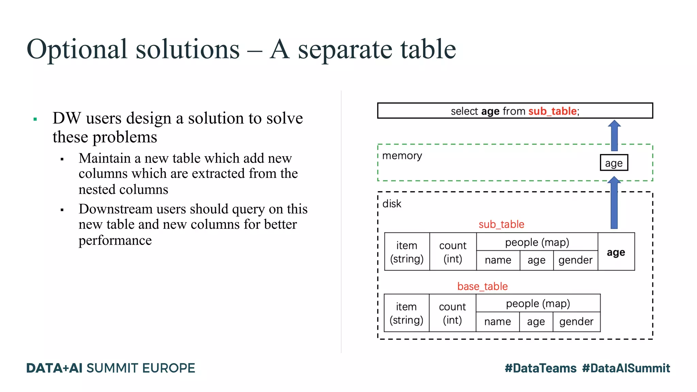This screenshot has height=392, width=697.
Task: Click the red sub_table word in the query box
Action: click(x=552, y=111)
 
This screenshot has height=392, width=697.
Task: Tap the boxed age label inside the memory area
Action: click(x=614, y=163)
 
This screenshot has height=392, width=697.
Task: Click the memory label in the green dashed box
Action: click(x=402, y=156)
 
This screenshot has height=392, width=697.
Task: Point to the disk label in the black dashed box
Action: click(x=392, y=204)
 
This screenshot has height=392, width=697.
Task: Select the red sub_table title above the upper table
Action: click(x=501, y=224)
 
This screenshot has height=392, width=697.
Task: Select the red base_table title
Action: click(x=482, y=286)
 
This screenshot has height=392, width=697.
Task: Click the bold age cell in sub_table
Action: click(x=616, y=252)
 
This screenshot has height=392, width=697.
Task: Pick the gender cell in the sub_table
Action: click(x=575, y=260)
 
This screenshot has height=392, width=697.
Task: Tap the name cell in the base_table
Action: click(x=497, y=322)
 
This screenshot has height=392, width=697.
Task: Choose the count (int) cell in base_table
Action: click(x=452, y=313)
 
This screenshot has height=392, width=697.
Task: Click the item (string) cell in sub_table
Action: click(x=407, y=252)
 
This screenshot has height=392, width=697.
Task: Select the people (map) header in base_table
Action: click(x=538, y=303)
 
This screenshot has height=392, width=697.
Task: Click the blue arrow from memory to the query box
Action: click(x=614, y=135)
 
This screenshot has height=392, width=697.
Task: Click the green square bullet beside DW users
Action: click(x=35, y=119)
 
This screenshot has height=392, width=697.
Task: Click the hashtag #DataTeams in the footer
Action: click(x=540, y=368)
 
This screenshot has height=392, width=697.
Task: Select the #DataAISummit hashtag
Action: click(x=626, y=368)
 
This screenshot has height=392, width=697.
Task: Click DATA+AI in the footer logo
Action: click(x=54, y=368)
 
